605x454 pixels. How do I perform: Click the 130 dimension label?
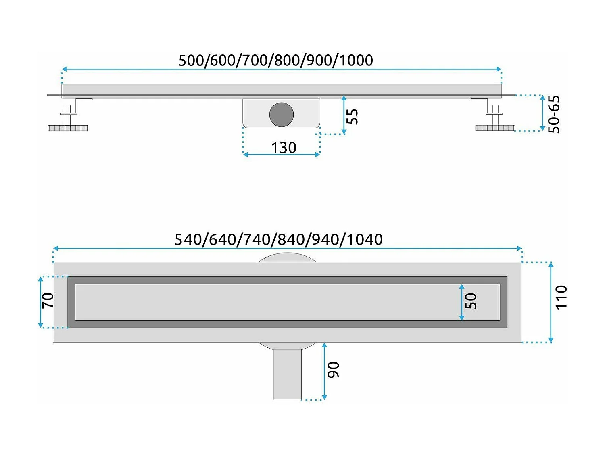click(284, 148)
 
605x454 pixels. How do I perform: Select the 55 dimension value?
click(352, 117)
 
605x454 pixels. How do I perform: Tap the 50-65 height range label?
click(554, 114)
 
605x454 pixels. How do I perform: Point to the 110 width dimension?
click(561, 297)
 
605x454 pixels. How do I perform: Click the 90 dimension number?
click(334, 370)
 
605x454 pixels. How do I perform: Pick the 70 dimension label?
click(48, 301)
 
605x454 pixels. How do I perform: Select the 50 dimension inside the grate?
click(471, 301)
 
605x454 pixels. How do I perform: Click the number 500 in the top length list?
click(192, 61)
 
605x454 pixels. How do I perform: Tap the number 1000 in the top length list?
click(356, 61)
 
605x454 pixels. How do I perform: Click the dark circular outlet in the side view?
click(282, 114)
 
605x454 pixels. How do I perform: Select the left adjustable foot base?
click(67, 128)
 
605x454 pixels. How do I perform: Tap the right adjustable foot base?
click(495, 128)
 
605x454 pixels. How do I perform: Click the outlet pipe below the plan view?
click(287, 374)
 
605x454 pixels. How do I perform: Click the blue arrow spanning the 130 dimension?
click(282, 155)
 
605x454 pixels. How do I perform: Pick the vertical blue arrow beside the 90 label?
click(324, 371)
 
